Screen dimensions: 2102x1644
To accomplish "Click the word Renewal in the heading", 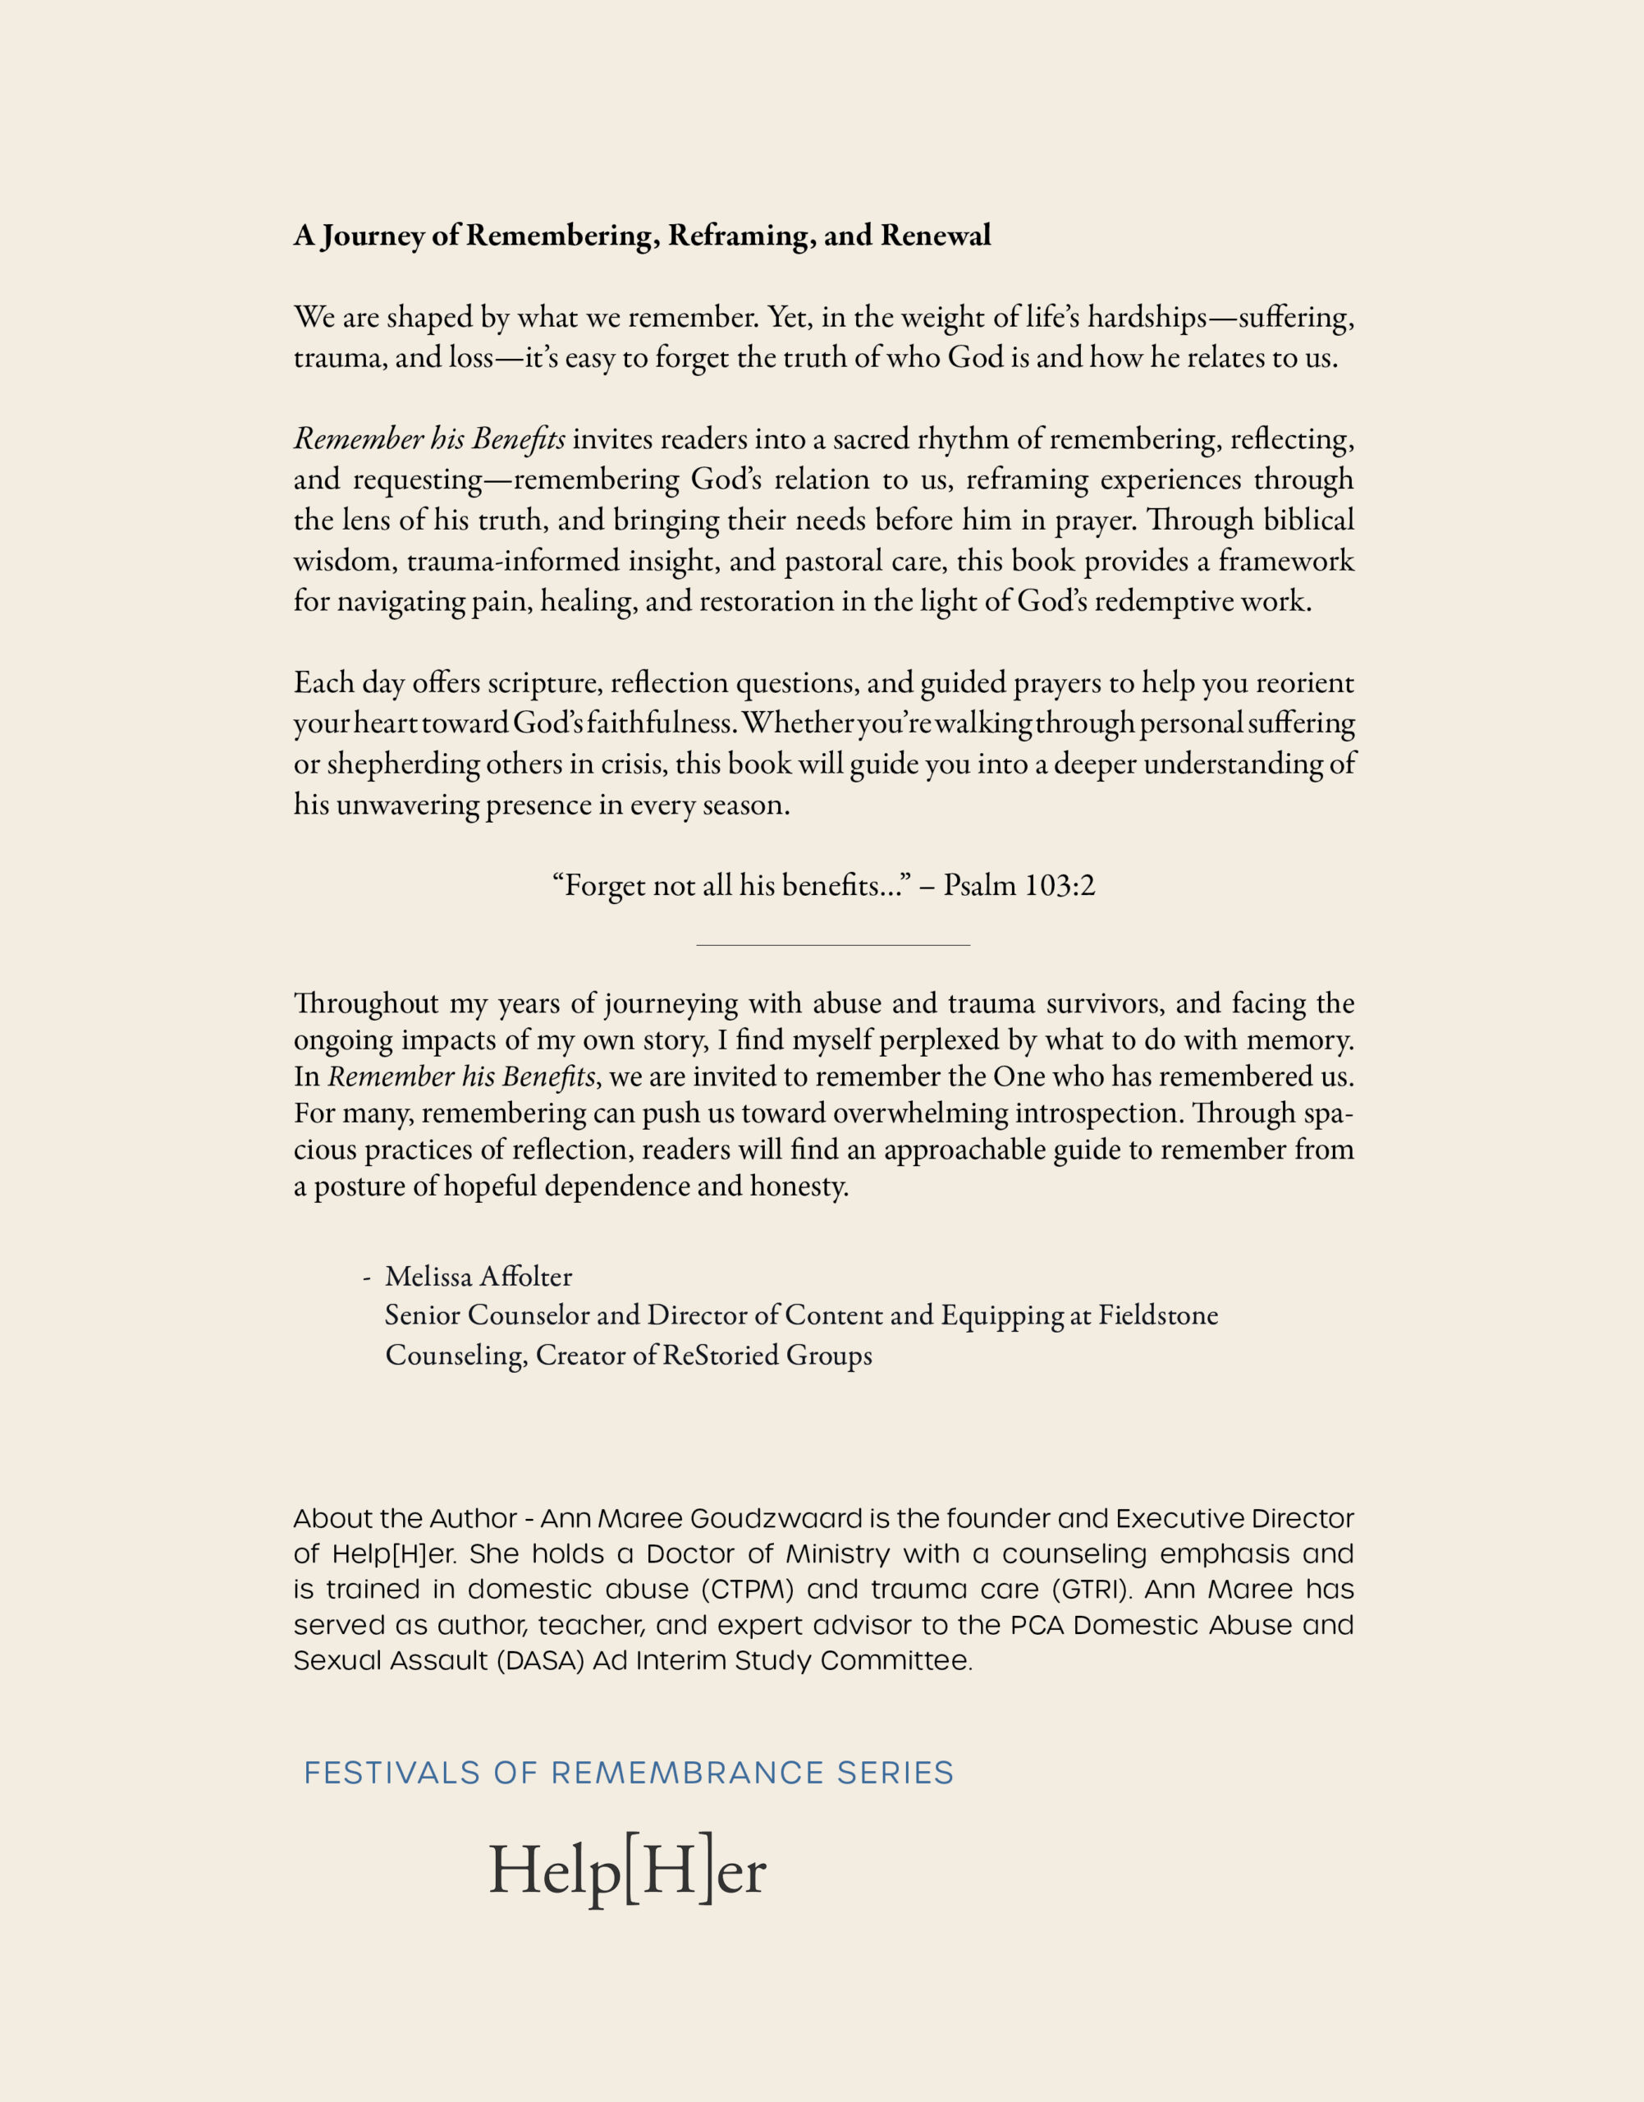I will point(935,236).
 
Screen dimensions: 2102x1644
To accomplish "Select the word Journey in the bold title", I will point(373,236).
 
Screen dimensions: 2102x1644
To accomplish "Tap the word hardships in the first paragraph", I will point(1147,318).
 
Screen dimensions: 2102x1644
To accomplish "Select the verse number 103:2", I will point(1060,885).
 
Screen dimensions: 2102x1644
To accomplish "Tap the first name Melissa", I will point(428,1277).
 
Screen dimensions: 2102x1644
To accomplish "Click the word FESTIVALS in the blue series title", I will point(392,1773).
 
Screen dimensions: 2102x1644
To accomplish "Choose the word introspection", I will point(1085,1113).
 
